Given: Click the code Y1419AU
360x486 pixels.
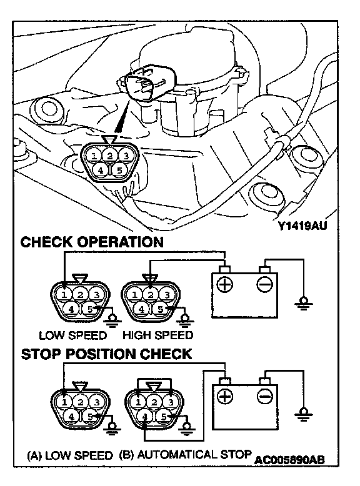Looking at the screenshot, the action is point(302,226).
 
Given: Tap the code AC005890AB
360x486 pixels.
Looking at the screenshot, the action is point(289,460).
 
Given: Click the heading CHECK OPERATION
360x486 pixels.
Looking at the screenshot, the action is point(92,242).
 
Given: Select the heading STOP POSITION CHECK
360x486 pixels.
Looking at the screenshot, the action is point(106,354).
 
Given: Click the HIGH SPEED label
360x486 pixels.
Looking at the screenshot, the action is point(158,335).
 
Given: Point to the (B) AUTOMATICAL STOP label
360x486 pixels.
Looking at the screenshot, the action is point(185,455).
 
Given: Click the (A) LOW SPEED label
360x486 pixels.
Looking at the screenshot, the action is point(70,455).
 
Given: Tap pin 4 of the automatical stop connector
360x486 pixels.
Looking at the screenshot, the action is point(145,417).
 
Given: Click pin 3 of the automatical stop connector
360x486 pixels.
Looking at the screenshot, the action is point(171,402).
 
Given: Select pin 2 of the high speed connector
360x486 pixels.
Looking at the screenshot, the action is point(151,294).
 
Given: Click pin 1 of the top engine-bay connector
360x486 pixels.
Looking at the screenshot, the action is point(94,156).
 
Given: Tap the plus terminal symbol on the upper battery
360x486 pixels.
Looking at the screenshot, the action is point(224,284).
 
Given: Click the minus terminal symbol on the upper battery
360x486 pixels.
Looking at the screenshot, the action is point(265,284).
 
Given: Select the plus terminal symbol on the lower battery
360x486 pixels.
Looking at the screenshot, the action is point(224,396).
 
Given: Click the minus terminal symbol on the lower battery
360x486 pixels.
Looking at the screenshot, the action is point(265,396).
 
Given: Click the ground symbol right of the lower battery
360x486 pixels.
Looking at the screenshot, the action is point(304,414).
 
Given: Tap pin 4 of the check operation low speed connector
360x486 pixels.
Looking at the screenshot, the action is point(71,309).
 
